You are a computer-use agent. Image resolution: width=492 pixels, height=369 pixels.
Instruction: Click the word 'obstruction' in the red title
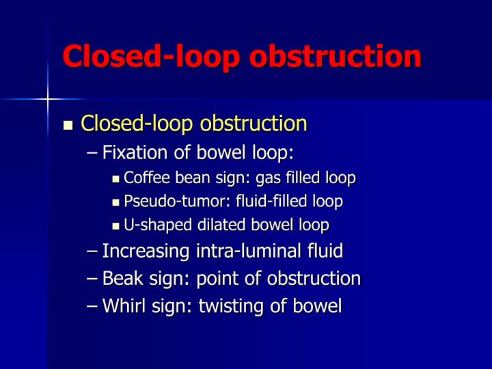(x=336, y=56)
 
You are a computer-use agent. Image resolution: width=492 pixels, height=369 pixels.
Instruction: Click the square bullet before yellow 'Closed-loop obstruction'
(x=68, y=126)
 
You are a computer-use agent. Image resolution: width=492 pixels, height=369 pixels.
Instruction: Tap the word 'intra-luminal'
(x=247, y=251)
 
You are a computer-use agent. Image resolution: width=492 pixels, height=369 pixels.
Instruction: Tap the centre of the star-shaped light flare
(x=48, y=100)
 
